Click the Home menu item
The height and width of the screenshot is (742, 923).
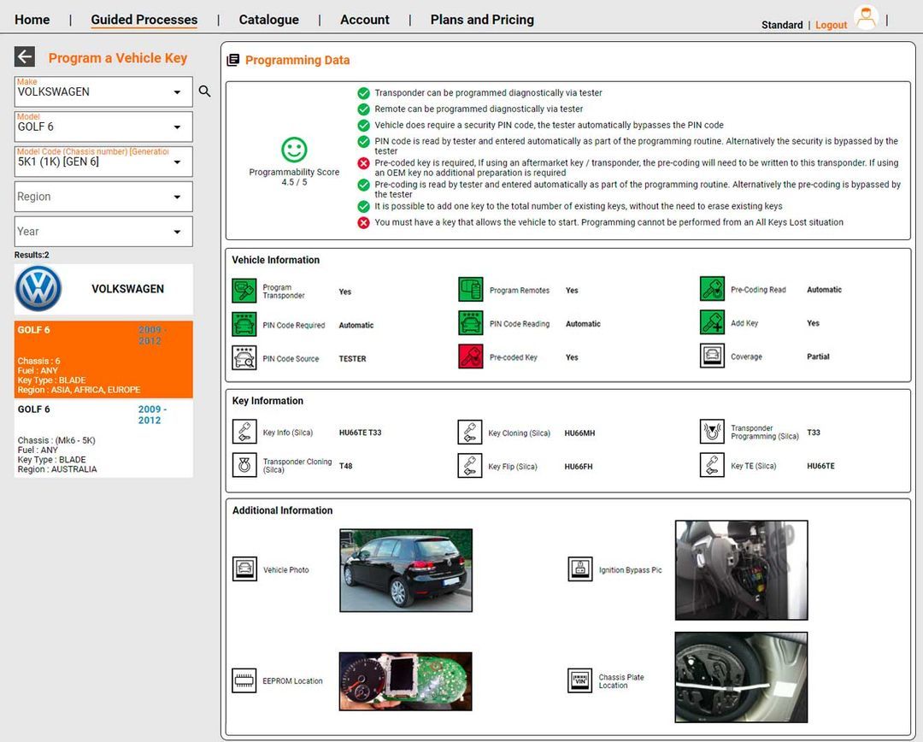(x=32, y=20)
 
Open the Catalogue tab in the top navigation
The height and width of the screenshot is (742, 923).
(x=268, y=20)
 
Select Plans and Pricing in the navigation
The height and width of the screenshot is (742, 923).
(x=482, y=20)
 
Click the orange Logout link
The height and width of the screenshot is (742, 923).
(x=831, y=25)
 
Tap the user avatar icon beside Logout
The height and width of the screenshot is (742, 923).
(x=866, y=19)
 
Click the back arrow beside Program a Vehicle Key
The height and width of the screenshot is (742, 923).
(x=25, y=57)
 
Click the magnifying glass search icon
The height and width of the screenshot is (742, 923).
(x=205, y=91)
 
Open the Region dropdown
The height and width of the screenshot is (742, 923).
(x=103, y=197)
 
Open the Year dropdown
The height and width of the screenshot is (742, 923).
(x=103, y=232)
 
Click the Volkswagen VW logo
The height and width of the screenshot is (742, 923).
(x=38, y=289)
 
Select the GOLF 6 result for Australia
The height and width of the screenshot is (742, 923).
(x=103, y=439)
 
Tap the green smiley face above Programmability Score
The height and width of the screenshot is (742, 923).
(x=294, y=150)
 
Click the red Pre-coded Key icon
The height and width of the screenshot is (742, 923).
(x=471, y=356)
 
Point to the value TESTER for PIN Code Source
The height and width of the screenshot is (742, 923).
(x=352, y=359)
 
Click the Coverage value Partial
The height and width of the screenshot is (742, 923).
(x=818, y=356)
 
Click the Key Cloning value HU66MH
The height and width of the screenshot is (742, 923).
(x=579, y=433)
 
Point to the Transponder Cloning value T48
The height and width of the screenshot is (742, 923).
(x=345, y=467)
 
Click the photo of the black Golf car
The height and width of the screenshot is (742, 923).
(x=406, y=570)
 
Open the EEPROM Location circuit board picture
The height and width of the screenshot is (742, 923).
(x=405, y=681)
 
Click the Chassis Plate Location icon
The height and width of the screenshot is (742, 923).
(x=580, y=680)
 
